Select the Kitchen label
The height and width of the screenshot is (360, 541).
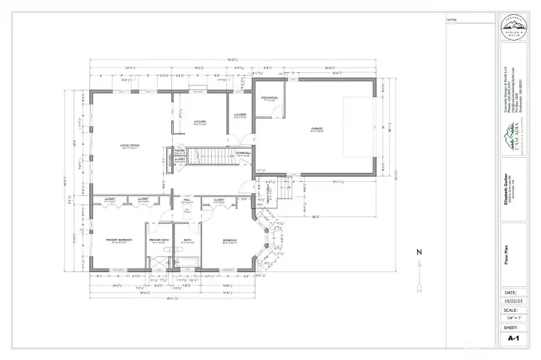click(x=201, y=121)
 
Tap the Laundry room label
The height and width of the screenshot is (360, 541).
click(x=240, y=114)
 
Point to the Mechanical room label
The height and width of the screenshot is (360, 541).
click(x=270, y=97)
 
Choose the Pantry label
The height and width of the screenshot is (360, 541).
click(x=180, y=150)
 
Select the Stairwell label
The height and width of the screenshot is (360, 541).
click(x=243, y=154)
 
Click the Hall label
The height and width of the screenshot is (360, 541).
click(x=187, y=200)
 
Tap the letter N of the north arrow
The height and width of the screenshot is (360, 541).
click(x=420, y=252)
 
